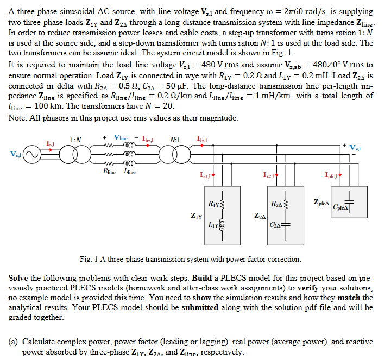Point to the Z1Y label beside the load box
(x=197, y=216)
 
